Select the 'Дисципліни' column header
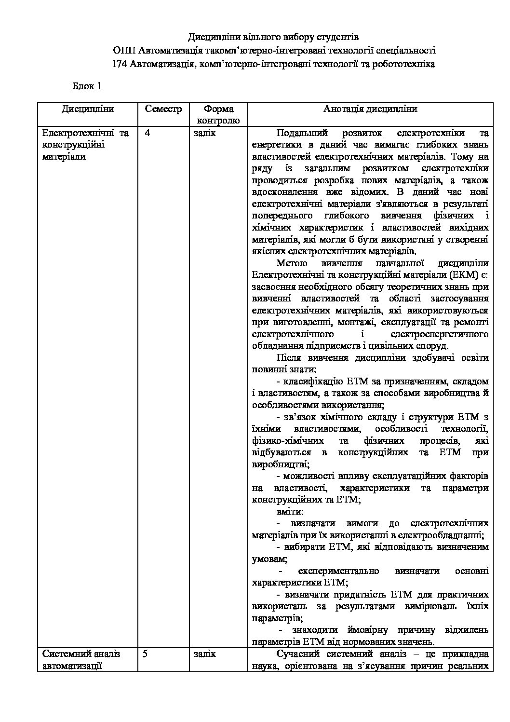pyautogui.click(x=88, y=109)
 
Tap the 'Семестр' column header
pyautogui.click(x=163, y=109)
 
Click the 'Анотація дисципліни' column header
pyautogui.click(x=370, y=109)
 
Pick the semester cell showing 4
pyautogui.click(x=147, y=133)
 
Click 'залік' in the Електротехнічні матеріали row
pyautogui.click(x=205, y=133)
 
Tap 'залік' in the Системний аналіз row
pyautogui.click(x=205, y=654)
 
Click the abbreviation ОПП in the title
pyautogui.click(x=124, y=50)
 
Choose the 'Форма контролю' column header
pyautogui.click(x=218, y=115)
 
